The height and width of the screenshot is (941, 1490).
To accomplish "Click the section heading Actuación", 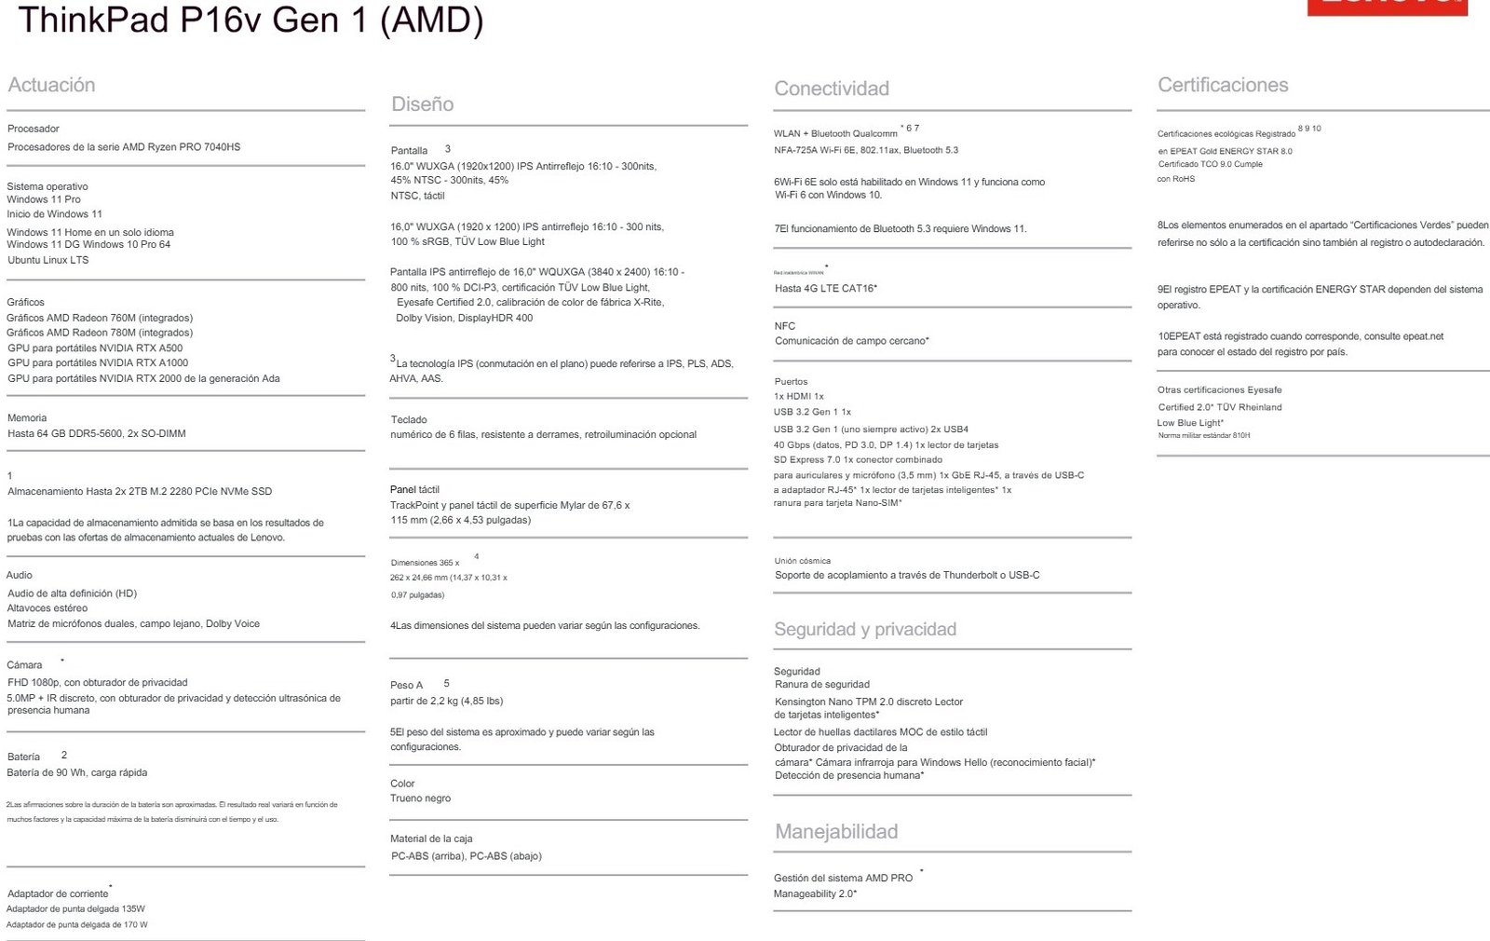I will pos(51,85).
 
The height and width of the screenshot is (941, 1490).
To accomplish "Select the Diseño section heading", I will pos(422,104).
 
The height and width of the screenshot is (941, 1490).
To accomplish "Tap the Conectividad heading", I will pos(831,89).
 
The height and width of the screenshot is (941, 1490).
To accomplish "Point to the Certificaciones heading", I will pos(1222,85).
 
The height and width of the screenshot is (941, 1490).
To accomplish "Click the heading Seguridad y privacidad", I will pos(864,629).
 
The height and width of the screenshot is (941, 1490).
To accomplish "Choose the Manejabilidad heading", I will pos(835,831).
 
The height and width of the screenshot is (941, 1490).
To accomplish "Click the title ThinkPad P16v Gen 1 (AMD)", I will pos(251,20).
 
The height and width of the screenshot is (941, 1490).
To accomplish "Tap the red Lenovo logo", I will pos(1387,7).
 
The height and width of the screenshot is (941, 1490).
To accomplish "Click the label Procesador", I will pos(34,129).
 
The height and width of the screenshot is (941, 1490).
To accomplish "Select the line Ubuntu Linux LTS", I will pos(47,260).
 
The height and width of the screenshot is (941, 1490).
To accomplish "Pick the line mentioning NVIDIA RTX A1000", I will pos(98,362).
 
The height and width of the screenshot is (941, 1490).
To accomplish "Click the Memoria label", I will pos(27,417).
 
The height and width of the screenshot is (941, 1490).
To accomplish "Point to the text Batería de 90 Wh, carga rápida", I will pos(77,772).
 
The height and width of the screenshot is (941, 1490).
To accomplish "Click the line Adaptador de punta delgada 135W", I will pos(75,908).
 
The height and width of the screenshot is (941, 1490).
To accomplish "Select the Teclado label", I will pos(409,419).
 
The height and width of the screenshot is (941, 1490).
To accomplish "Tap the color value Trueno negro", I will pos(420,798).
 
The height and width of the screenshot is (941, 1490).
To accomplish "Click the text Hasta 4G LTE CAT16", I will pos(825,288).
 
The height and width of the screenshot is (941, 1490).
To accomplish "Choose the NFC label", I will pos(784,326).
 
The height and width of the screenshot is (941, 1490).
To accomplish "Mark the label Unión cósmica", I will pos(802,561).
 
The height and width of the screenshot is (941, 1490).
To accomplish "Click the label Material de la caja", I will pos(431,839).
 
